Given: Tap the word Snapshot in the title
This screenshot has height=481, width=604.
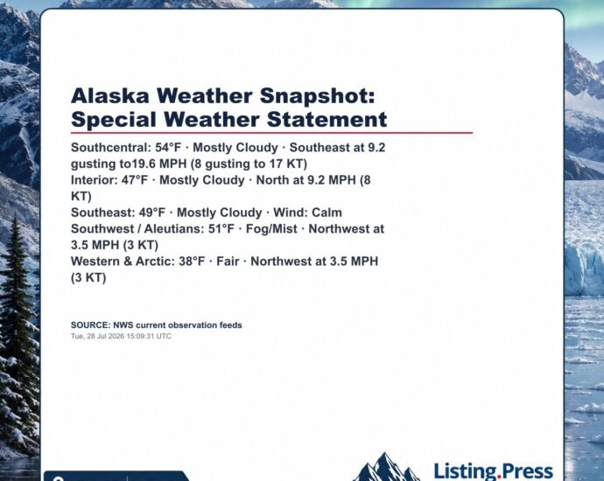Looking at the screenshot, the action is point(317,96).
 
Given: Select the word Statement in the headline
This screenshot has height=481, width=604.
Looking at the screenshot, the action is point(327,119).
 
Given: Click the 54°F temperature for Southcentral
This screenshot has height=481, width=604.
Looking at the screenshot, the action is point(168,148).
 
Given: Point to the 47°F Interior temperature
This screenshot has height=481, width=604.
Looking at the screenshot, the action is point(135,179).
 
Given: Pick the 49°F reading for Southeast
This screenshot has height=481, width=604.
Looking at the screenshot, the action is point(151,213).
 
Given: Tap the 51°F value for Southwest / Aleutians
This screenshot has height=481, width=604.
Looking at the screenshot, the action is point(221,228).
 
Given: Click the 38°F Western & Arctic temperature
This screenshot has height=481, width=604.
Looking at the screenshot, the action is point(192,261).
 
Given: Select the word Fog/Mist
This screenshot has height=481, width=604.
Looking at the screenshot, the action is point(271,228).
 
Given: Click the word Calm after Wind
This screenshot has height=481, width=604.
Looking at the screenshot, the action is point(327,213).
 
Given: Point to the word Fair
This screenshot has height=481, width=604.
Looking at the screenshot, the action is point(228,261).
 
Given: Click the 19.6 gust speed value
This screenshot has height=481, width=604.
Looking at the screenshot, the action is point(144,164).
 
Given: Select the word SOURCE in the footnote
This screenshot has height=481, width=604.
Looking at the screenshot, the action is point(90,325).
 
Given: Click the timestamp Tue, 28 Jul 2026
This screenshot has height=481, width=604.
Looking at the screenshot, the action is point(98,336).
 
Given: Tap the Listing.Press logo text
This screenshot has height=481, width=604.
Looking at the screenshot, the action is point(494,471).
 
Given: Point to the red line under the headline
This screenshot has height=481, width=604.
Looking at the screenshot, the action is point(272,133).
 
